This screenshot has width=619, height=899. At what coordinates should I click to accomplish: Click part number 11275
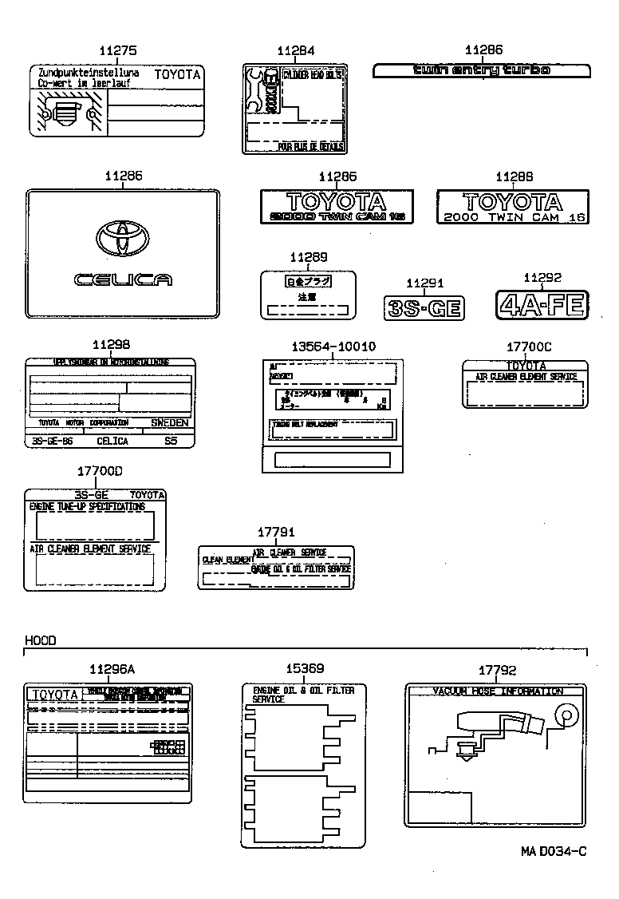pyautogui.click(x=117, y=50)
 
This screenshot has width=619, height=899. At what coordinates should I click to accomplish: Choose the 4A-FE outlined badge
pyautogui.click(x=542, y=304)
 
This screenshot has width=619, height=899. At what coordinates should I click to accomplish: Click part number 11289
pyautogui.click(x=308, y=257)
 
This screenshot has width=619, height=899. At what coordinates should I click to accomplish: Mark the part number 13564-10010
pyautogui.click(x=333, y=346)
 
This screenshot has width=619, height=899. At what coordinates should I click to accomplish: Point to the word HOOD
pyautogui.click(x=40, y=640)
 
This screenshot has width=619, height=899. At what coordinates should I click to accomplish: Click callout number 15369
pyautogui.click(x=305, y=669)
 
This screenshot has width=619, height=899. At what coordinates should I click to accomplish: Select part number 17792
pyautogui.click(x=497, y=671)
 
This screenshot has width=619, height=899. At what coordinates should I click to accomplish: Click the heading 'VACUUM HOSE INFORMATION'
pyautogui.click(x=497, y=691)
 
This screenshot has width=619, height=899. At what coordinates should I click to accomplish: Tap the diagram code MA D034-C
pyautogui.click(x=554, y=851)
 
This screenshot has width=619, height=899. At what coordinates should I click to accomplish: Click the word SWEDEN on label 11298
pyautogui.click(x=170, y=422)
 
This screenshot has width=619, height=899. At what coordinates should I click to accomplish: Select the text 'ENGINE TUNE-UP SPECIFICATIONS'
pyautogui.click(x=87, y=507)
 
